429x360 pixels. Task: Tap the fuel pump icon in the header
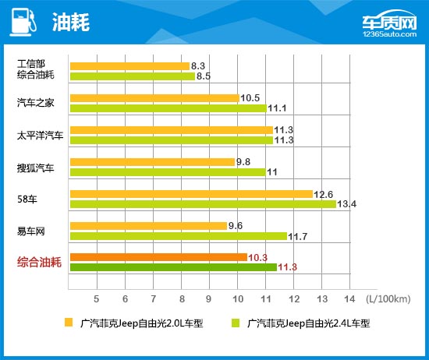coord(23,22)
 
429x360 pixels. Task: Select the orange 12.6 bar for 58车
coord(191,194)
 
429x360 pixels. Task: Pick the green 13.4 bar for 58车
coord(203,204)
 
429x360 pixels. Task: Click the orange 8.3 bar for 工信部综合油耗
coord(129,66)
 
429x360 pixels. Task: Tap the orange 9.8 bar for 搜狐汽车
coord(151,162)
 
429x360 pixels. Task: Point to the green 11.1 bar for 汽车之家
coord(168,108)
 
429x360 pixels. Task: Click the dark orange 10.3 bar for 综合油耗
coord(158,257)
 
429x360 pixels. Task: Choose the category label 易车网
coord(30,231)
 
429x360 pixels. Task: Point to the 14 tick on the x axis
coord(349,298)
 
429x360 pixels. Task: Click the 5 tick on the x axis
coord(96,298)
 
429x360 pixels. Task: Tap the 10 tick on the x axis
coord(236,298)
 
